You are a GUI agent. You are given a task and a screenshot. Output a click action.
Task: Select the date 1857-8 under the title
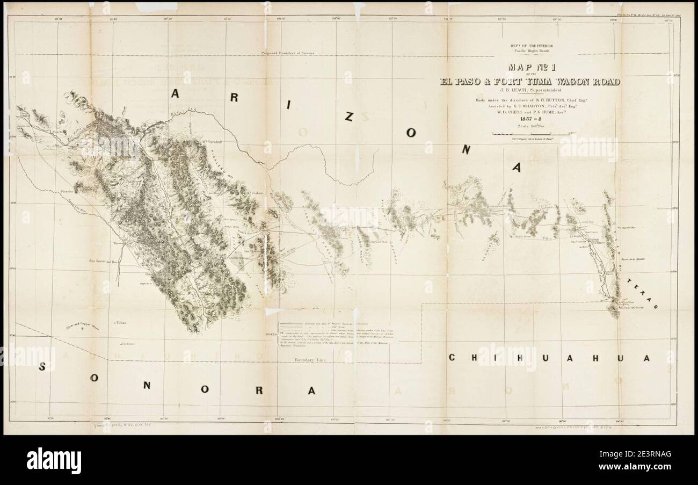pyautogui.click(x=529, y=119)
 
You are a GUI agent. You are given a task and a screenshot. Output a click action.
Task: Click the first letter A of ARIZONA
pyautogui.click(x=176, y=93)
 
